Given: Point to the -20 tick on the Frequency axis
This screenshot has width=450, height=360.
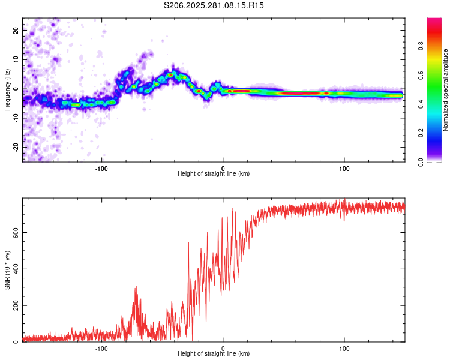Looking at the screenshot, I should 16,147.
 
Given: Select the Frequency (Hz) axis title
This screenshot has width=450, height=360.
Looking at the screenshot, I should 7,90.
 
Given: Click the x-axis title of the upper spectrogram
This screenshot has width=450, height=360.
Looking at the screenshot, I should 214,174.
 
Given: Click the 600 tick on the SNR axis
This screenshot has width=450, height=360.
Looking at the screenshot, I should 16,232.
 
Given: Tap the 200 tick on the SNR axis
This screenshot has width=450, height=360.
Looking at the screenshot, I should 16,305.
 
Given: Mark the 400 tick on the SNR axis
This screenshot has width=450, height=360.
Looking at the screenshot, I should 16,269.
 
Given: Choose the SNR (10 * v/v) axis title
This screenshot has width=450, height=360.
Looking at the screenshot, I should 7,270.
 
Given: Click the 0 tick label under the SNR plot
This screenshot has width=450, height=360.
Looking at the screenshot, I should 223,348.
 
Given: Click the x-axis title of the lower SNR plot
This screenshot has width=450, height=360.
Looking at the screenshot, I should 214,355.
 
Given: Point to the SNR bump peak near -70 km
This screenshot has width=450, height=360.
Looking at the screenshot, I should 136,287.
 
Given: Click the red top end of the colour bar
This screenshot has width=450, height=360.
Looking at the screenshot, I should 434,20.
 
